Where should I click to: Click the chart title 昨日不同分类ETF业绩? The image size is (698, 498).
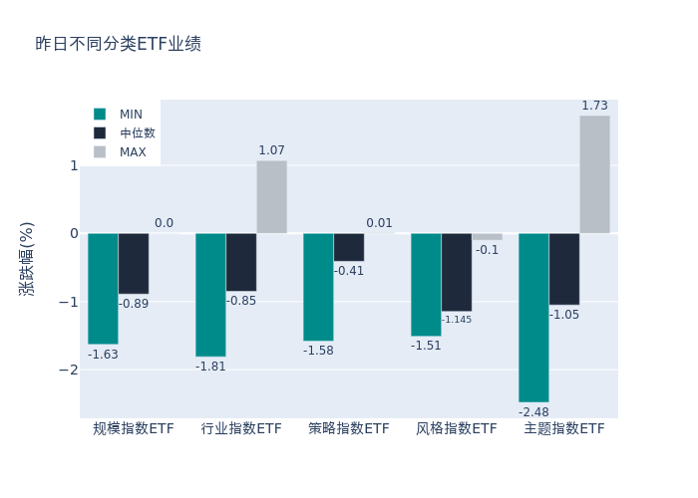(118, 44)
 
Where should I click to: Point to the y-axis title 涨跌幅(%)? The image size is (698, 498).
(26, 259)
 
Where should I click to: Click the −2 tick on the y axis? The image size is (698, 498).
(70, 370)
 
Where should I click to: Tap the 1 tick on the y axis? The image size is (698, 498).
(74, 165)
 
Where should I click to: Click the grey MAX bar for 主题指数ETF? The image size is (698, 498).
(594, 174)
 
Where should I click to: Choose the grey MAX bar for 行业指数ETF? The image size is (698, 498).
(271, 197)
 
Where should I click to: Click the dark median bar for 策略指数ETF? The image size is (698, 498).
(348, 247)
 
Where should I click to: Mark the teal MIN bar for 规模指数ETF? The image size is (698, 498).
(103, 288)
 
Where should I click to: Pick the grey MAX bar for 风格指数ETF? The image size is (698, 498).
(487, 237)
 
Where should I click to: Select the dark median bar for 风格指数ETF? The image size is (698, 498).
(456, 272)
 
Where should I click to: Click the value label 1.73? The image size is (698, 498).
(594, 106)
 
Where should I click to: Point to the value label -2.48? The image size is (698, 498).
(533, 411)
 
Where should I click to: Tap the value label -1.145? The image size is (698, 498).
(457, 320)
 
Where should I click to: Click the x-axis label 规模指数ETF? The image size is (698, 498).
(133, 429)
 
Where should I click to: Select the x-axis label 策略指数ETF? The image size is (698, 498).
(348, 429)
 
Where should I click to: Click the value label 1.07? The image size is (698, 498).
(271, 150)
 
